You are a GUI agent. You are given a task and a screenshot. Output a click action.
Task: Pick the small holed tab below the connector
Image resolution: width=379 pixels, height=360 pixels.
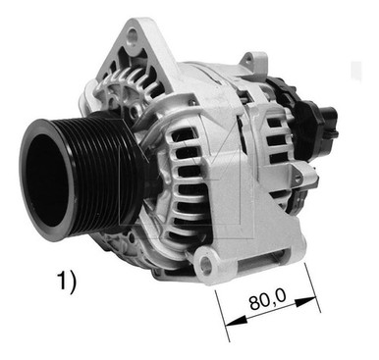click(306, 177)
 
